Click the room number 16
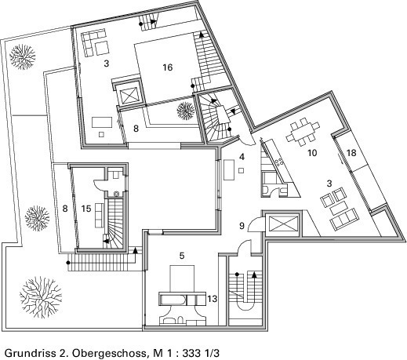tap(168, 67)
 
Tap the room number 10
tap(312, 153)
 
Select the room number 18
tap(351, 153)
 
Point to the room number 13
tap(213, 299)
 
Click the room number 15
tap(86, 209)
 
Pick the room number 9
tap(242, 226)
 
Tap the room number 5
tap(182, 256)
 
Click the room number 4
tap(242, 157)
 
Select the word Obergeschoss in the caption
tap(109, 354)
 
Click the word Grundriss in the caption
tap(30, 353)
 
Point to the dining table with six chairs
tap(303, 132)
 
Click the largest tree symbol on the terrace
tap(41, 297)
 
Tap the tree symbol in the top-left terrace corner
tap(23, 57)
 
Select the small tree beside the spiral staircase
tap(186, 111)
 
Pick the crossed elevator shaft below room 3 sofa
tap(129, 94)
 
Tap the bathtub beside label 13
tap(173, 300)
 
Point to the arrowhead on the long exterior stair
tap(135, 250)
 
